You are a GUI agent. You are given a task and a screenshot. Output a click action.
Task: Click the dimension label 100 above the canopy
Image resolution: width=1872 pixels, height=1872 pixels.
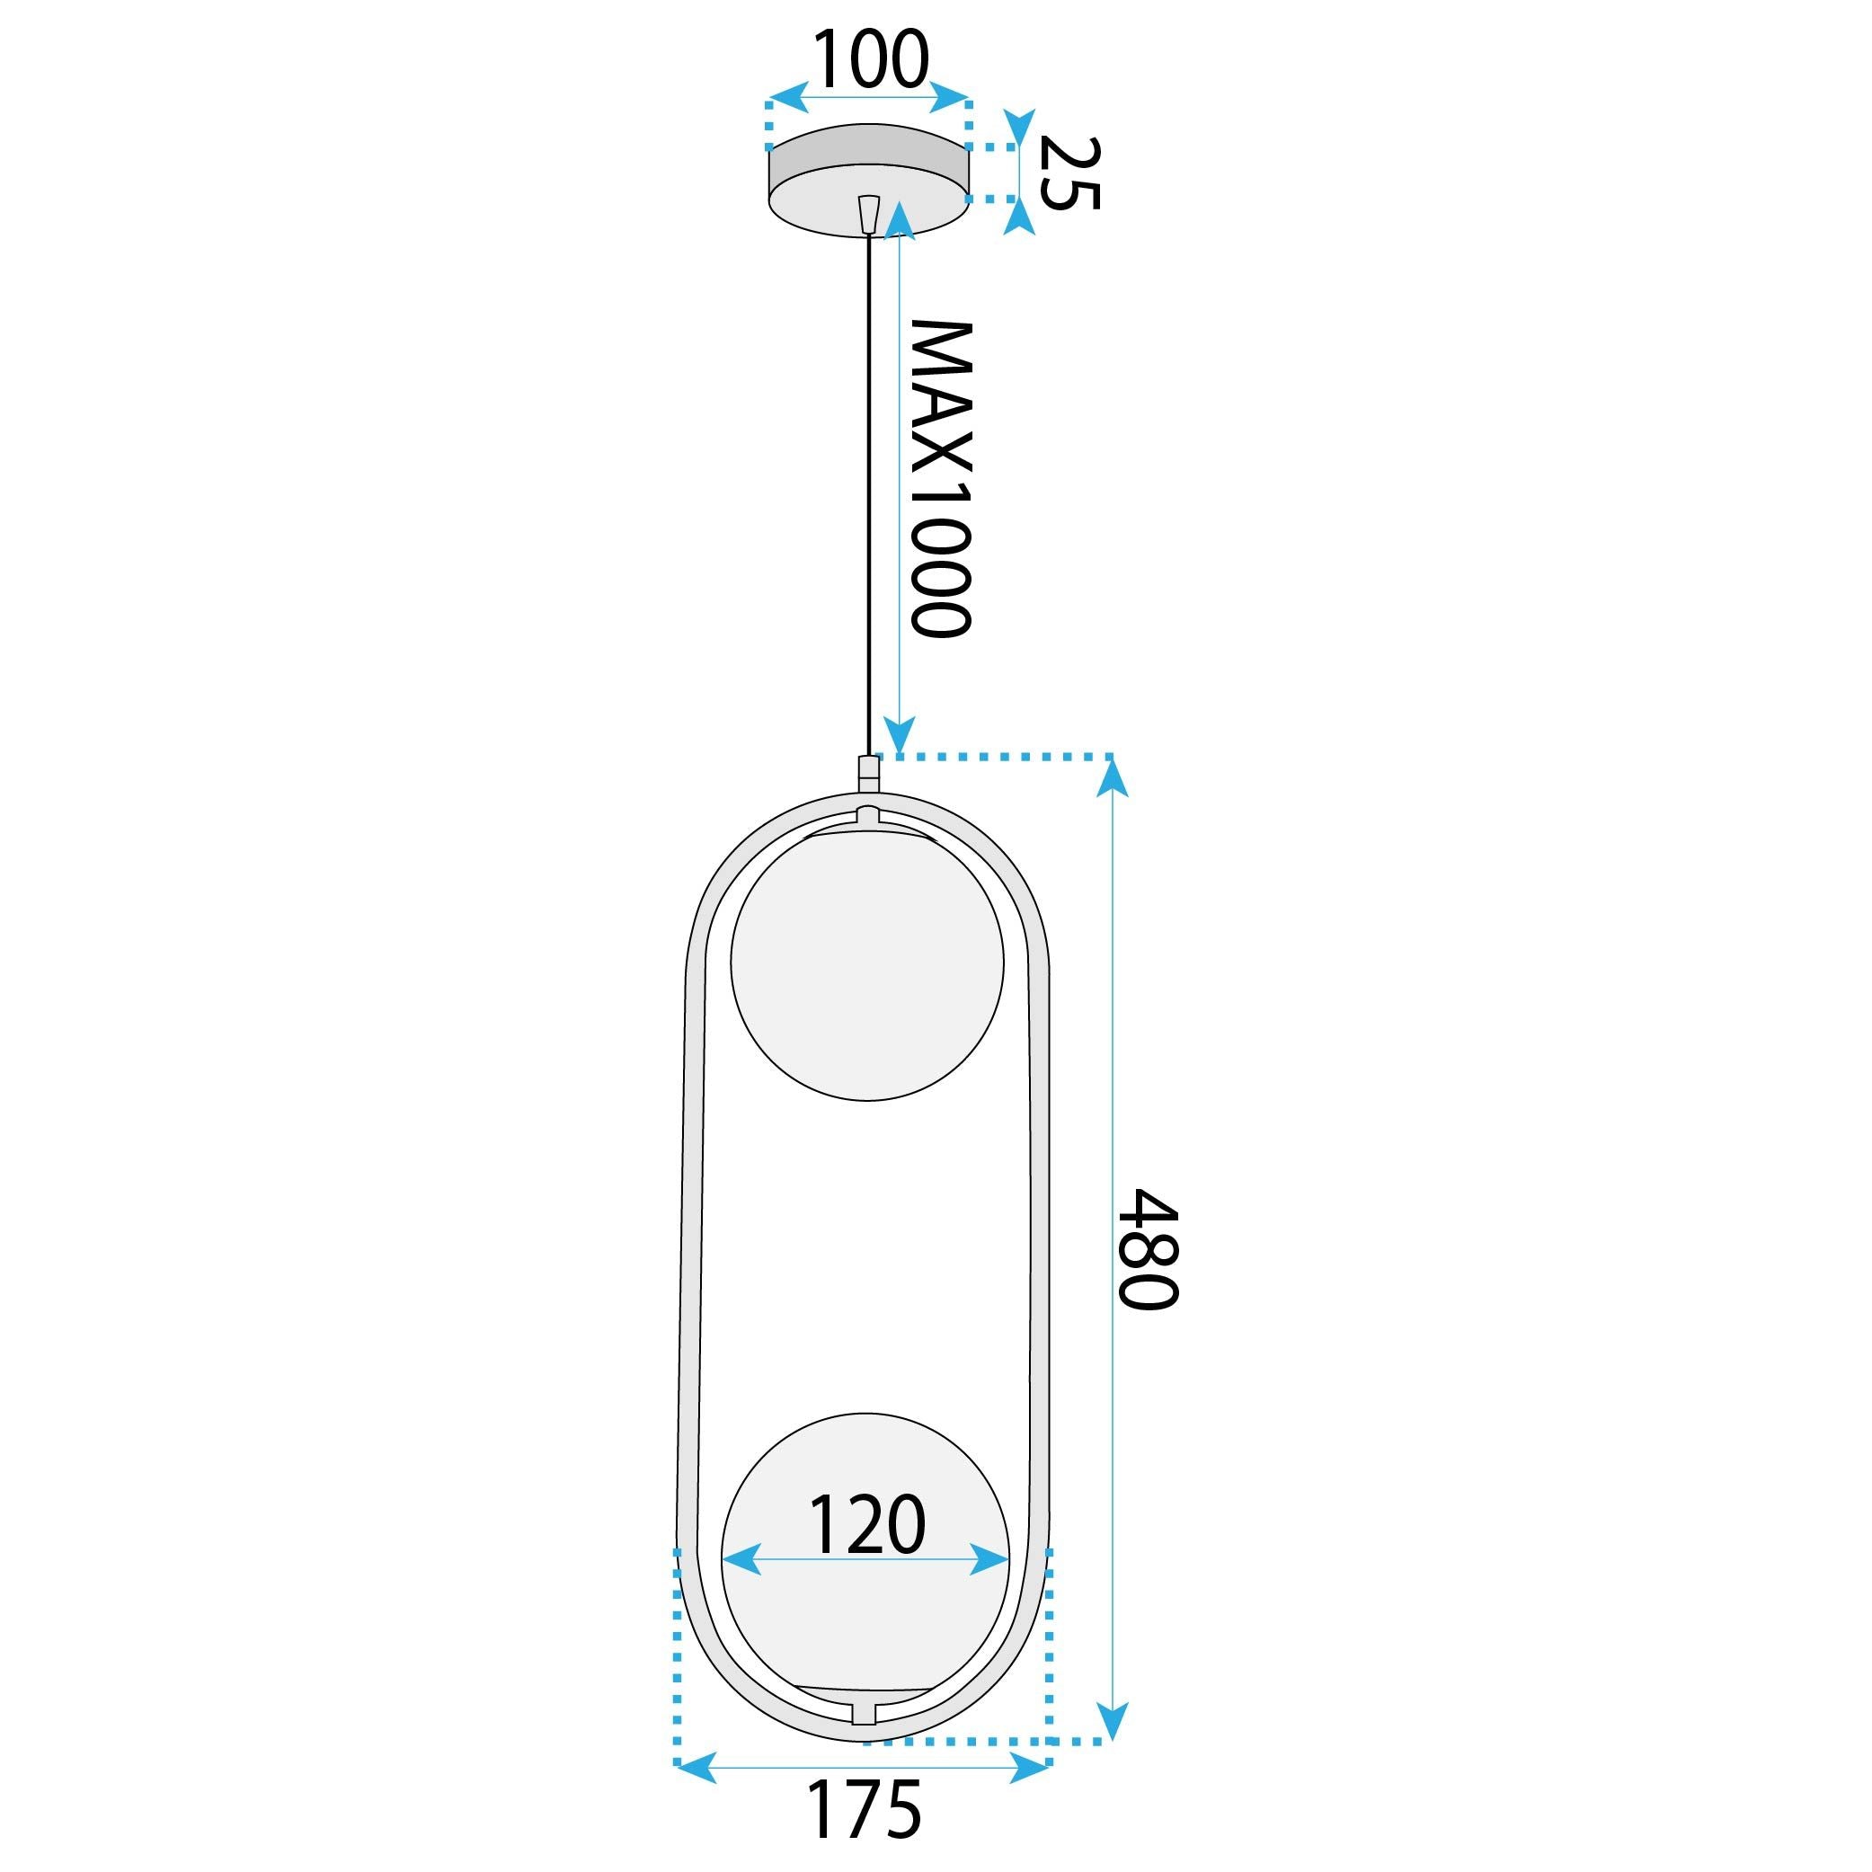click(869, 60)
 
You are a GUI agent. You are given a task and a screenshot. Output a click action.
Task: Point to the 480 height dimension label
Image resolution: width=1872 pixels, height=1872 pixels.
click(1149, 1249)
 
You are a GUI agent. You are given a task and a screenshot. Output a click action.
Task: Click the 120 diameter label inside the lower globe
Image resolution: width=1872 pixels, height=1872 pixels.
click(866, 1525)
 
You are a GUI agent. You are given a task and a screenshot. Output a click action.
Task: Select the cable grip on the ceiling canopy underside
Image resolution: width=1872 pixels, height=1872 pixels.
click(869, 213)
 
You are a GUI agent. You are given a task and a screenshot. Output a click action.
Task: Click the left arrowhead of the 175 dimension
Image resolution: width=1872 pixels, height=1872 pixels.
click(696, 1766)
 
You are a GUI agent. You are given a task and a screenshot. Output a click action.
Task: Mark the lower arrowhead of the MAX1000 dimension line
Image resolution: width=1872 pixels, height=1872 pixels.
click(901, 736)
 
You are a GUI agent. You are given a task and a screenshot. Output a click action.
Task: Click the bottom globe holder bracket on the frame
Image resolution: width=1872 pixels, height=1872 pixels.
click(864, 1709)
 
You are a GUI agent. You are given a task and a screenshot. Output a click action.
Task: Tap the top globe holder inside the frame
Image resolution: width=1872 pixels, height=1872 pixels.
click(869, 817)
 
